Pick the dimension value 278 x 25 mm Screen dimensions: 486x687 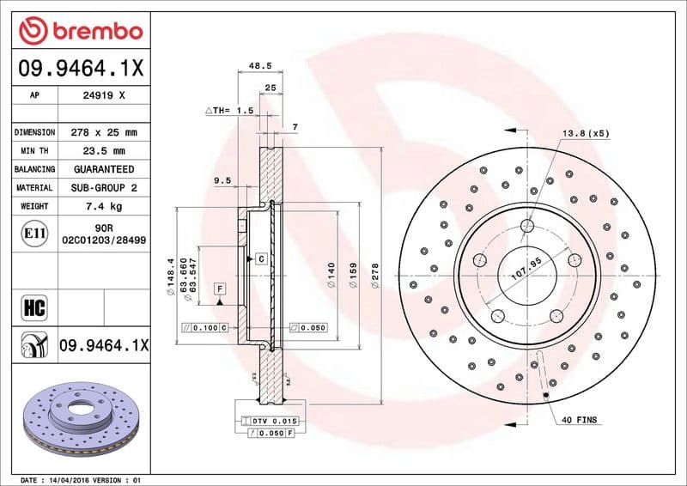(x=104, y=133)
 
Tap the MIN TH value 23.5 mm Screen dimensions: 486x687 (x=104, y=151)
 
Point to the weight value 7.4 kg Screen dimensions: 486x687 (x=104, y=207)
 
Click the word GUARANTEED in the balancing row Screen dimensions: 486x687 (x=104, y=170)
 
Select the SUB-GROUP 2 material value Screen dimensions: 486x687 (x=104, y=188)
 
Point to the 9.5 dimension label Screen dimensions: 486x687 (x=222, y=180)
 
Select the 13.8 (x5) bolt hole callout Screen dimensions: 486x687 (x=585, y=133)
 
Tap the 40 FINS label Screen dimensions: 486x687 (x=579, y=420)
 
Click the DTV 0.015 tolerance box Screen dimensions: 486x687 (x=273, y=420)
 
